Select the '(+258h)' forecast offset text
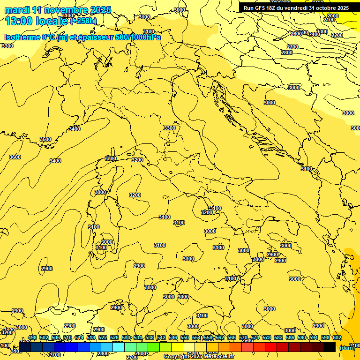coord(83,21)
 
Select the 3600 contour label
coord(15,157)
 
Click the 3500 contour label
coord(45,139)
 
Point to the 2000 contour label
coord(332,16)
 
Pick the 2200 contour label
coord(337,35)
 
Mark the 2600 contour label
coord(296,34)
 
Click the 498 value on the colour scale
coord(32,337)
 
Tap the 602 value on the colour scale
coord(337,337)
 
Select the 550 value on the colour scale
coord(185,337)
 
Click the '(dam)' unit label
coord(347,347)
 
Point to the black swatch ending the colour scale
coord(330,347)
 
